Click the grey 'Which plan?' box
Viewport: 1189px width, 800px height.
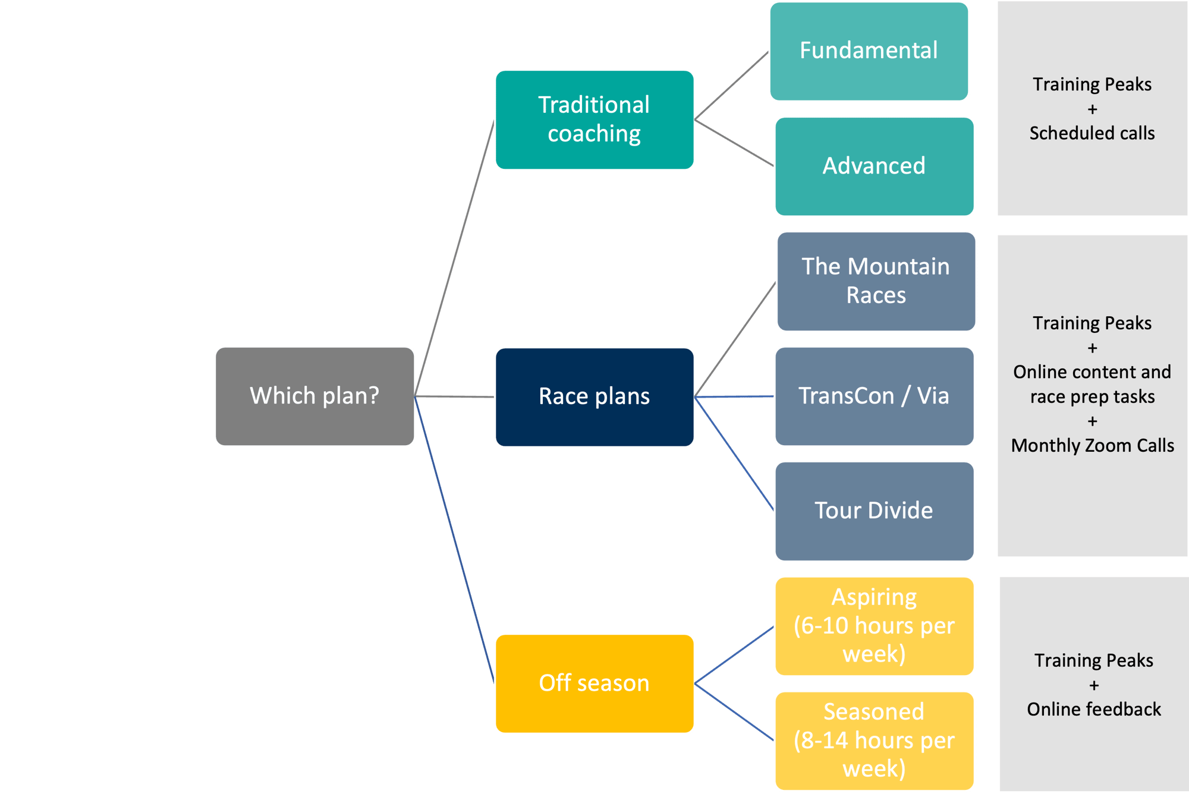click(314, 396)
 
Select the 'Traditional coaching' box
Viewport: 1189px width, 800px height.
click(594, 120)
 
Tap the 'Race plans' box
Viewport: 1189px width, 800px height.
click(594, 396)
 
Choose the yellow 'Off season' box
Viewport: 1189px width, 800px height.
click(594, 684)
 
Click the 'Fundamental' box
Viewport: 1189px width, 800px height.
click(869, 51)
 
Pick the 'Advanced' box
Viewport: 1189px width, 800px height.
click(874, 166)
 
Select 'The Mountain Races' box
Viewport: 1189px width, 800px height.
click(876, 281)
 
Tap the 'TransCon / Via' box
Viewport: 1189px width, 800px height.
click(874, 396)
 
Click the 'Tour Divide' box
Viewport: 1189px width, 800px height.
click(874, 511)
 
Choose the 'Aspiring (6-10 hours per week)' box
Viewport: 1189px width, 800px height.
click(874, 626)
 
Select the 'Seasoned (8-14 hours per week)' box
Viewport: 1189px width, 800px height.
click(874, 741)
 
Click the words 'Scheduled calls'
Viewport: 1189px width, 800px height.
click(1092, 133)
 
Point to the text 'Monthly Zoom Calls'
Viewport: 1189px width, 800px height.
click(1093, 446)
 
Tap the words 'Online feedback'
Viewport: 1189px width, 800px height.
click(1094, 710)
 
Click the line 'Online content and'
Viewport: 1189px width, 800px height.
click(1092, 372)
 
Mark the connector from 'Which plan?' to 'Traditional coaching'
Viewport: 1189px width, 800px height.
click(455, 259)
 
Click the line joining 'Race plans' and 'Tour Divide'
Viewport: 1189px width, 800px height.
click(734, 453)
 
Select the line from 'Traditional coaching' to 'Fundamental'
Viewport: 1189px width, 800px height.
click(732, 86)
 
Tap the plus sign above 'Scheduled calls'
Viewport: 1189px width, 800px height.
click(1092, 109)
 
